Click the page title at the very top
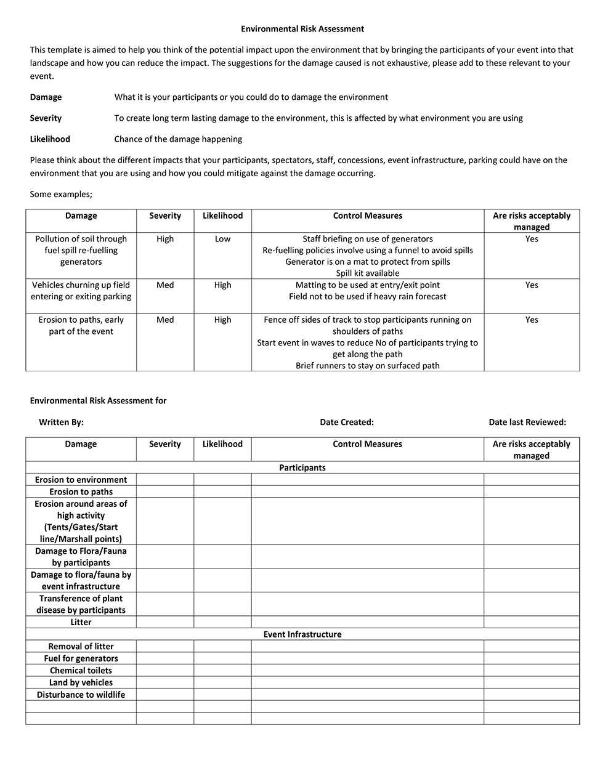[x=302, y=29]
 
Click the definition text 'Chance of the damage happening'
[x=178, y=139]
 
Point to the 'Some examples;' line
[x=61, y=194]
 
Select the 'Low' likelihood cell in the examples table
[x=222, y=239]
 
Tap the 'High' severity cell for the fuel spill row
[x=165, y=239]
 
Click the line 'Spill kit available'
[x=367, y=273]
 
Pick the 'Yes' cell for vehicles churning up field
[x=532, y=285]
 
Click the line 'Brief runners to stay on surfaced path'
[x=367, y=366]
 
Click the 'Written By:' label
[x=61, y=422]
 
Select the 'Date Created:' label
[x=347, y=422]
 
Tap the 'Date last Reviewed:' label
[x=527, y=422]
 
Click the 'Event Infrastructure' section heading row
[x=302, y=634]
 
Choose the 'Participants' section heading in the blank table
[x=302, y=468]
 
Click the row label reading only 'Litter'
[x=81, y=623]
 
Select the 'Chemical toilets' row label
[x=81, y=671]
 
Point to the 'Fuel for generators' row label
[x=81, y=658]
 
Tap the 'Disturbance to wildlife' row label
[x=81, y=695]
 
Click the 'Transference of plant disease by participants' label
[x=81, y=604]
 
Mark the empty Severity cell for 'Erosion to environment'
[x=165, y=480]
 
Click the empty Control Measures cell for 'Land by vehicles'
[x=367, y=682]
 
